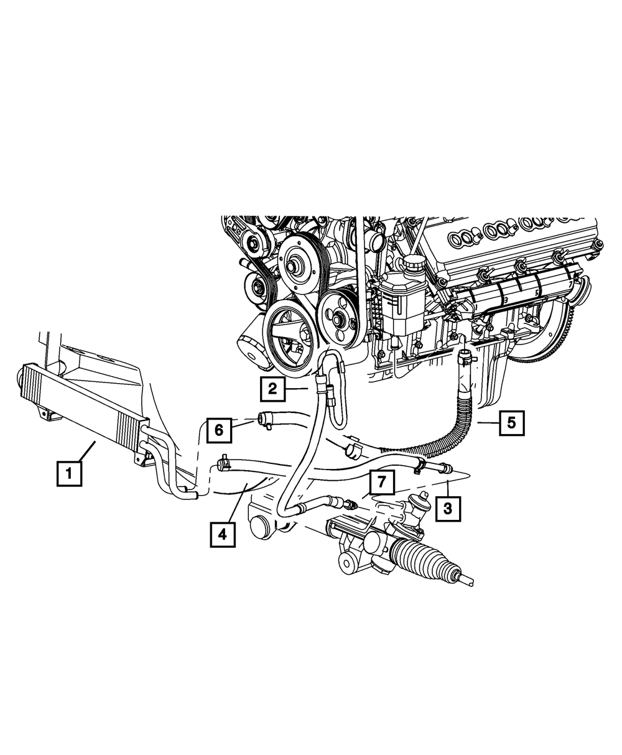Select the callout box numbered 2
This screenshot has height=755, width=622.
pos(272,389)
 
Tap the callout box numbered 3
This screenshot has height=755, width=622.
pos(448,508)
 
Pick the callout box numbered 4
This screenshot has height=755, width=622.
pos(222,534)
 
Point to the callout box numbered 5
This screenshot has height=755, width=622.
pos(511,423)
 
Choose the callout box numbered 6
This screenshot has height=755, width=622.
pos(219,428)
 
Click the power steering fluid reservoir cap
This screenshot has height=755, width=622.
pos(411,266)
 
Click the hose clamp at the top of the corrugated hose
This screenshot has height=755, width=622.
pos(466,357)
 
